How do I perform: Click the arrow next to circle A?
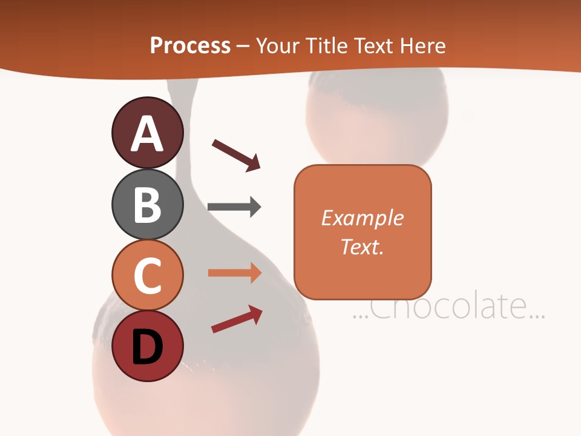(x=236, y=154)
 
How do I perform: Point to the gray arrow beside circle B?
(x=234, y=207)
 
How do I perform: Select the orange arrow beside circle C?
(x=235, y=273)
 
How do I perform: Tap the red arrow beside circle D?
(x=237, y=319)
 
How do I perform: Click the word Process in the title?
(x=190, y=46)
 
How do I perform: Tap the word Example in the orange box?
(x=362, y=218)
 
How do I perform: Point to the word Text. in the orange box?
(x=362, y=247)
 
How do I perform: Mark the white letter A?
(x=147, y=133)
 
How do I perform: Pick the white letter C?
(x=147, y=276)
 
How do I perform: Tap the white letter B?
(x=147, y=205)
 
